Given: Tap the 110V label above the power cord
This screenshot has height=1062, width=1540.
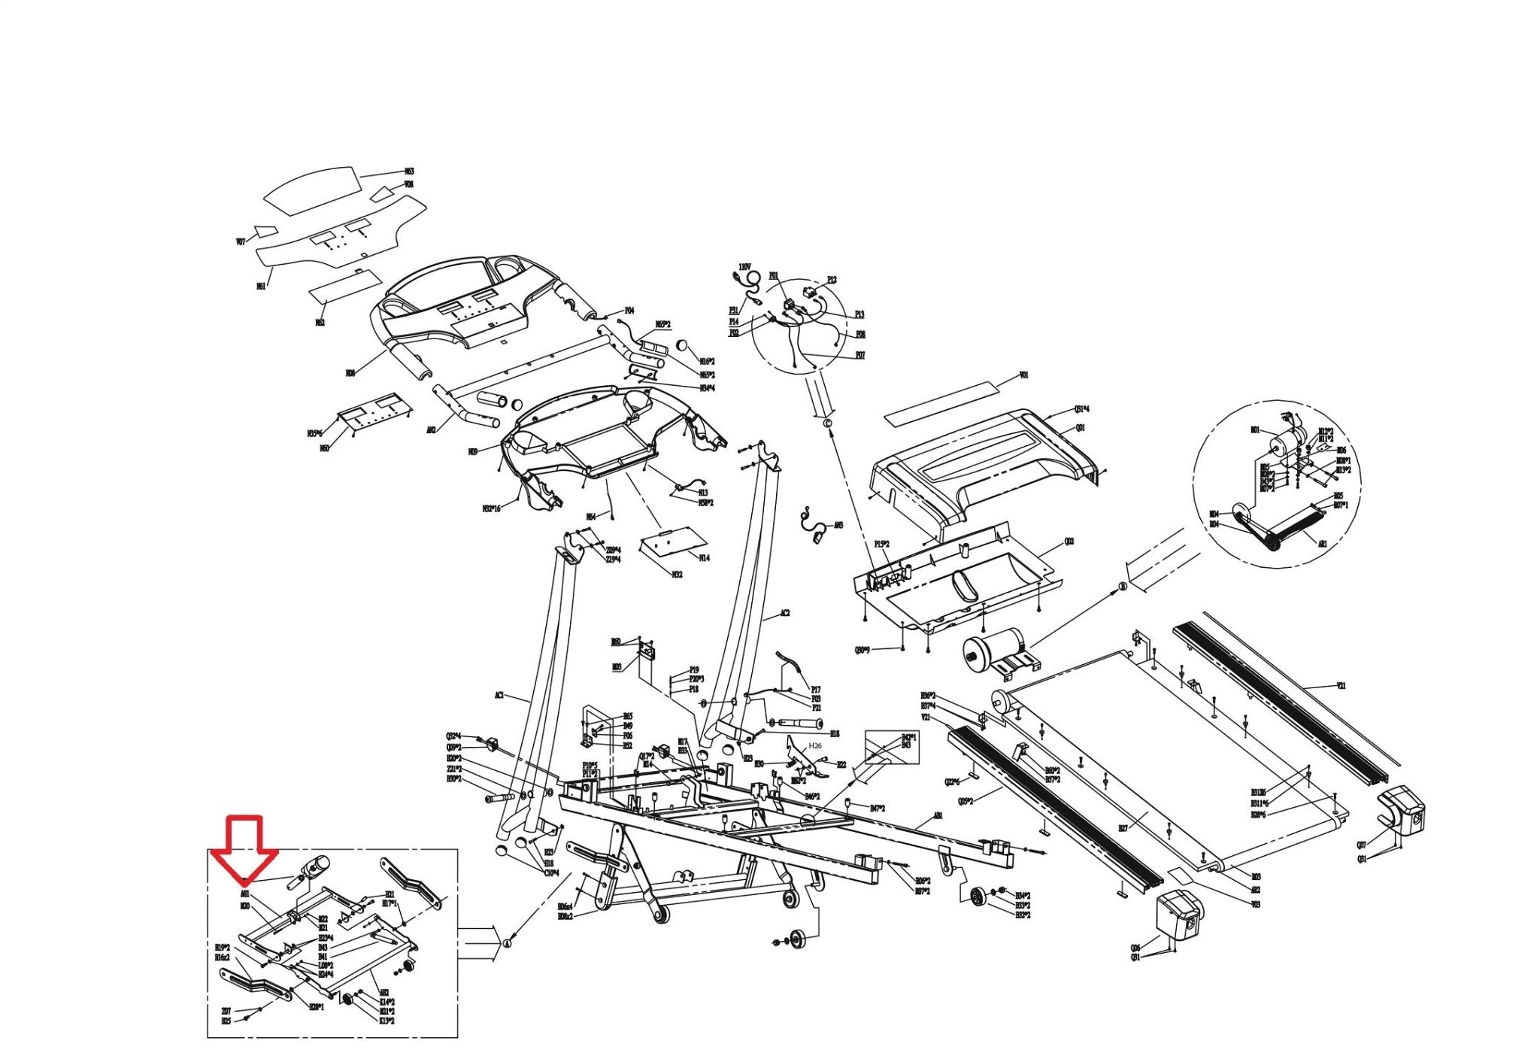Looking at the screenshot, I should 744,267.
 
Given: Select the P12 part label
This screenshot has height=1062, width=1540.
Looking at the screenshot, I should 832,280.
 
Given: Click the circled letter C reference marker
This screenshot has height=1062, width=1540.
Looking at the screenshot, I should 828,424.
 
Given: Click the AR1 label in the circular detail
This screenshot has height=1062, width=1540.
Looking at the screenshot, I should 1323,543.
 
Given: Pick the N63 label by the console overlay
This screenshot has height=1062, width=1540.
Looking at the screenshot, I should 409,171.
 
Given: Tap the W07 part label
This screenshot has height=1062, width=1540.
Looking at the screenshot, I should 241,242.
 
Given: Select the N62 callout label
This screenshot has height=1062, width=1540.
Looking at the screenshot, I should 320,323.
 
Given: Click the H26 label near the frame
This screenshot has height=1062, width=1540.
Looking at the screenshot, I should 815,745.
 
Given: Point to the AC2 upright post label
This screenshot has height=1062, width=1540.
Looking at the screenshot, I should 785,614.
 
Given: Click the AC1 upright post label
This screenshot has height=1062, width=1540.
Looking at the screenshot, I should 499,696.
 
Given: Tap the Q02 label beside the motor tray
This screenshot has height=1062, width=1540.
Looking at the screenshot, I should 1069,542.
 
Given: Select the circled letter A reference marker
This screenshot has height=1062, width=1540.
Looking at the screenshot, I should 507,942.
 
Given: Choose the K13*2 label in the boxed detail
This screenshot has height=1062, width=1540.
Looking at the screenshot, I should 387,1021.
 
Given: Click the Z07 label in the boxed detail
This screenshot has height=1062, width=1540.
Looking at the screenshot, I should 226,1011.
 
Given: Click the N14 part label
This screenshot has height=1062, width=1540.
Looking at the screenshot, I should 704,558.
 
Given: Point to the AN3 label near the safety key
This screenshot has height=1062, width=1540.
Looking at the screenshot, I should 838,525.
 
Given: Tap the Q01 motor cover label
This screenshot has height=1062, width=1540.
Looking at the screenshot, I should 1081,428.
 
